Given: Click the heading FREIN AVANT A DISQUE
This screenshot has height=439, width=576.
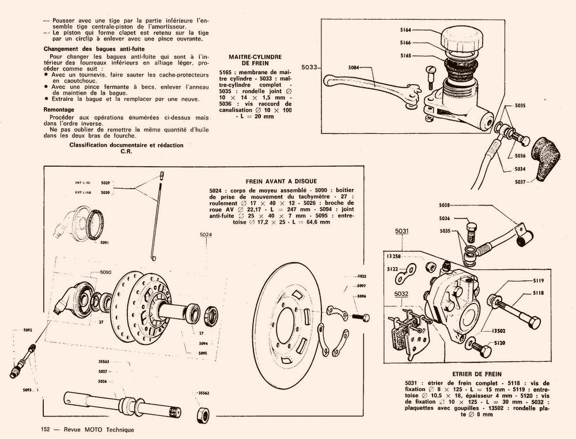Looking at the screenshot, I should [x=281, y=181].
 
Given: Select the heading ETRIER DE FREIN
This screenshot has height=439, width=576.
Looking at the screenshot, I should [x=478, y=374].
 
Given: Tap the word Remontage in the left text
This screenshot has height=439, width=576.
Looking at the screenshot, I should [x=59, y=109].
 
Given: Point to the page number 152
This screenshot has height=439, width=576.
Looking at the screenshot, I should [x=46, y=430].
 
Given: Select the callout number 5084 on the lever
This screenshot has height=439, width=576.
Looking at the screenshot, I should [x=355, y=67].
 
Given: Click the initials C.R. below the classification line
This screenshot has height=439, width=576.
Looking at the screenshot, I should [x=126, y=152].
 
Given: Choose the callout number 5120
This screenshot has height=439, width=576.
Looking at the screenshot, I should [x=500, y=342].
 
